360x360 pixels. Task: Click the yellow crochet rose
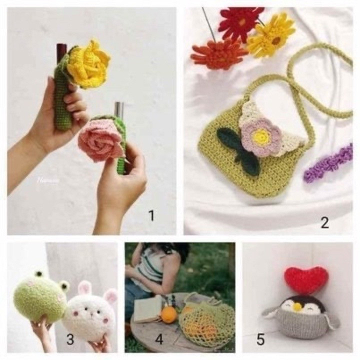(89, 64)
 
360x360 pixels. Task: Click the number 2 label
(324, 222)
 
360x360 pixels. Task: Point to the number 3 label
(70, 339)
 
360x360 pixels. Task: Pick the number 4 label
(159, 339)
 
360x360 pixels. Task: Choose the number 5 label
(260, 339)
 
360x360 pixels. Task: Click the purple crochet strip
(328, 163)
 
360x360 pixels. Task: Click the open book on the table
(147, 309)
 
